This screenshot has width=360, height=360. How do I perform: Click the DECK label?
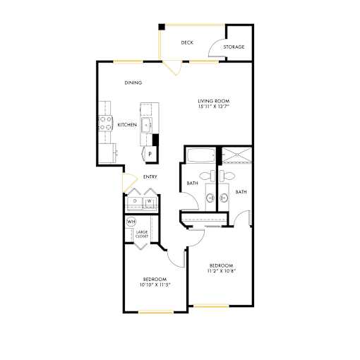pos(187,42)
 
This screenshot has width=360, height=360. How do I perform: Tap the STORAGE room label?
pos(234,47)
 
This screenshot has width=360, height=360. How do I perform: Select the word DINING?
pos(133,83)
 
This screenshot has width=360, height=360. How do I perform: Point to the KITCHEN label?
pos(127,125)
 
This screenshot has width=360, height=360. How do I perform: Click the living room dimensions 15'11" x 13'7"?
pos(214,106)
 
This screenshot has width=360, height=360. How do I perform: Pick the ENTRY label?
pos(150,176)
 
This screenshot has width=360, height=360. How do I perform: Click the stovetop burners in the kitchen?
pos(105,124)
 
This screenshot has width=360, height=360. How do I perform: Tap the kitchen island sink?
pos(147,125)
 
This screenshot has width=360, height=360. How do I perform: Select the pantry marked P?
pos(150,155)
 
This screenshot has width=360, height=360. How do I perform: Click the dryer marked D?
pos(135,202)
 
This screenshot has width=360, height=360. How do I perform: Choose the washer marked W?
pos(150,202)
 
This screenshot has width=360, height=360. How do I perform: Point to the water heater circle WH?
pos(131,222)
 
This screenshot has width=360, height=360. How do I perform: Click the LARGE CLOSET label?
pos(142,234)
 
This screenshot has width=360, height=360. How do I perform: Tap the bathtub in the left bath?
pos(201,155)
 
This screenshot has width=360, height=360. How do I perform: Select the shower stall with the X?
pos(237,155)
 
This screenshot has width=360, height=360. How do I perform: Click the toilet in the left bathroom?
pos(208,176)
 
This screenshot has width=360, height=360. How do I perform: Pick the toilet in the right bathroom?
pos(227,176)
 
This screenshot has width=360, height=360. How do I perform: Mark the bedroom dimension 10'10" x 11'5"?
pos(155,284)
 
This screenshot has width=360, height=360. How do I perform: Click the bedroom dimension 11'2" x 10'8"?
pos(222,271)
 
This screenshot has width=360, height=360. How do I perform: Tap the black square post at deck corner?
pos(162,27)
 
